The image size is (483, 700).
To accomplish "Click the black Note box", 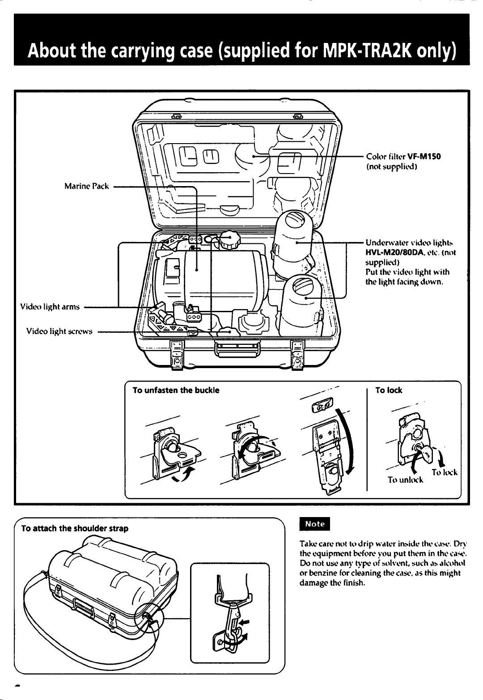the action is [314, 524].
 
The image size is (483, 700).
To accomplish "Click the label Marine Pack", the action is [87, 186].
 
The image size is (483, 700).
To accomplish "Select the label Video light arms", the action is [50, 306].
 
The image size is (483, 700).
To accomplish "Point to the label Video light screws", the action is [59, 331].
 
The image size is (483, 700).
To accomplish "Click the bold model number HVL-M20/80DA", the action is [392, 252].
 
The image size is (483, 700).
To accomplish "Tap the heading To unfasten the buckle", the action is [176, 390].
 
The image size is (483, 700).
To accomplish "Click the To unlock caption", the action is [405, 479].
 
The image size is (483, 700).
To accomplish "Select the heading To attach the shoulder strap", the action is [75, 528].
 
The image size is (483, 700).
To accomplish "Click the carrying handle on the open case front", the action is [237, 349].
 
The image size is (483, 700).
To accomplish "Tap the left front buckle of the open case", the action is [177, 355].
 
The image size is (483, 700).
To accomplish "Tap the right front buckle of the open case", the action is [297, 355].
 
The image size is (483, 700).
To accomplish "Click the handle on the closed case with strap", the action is [84, 610].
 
